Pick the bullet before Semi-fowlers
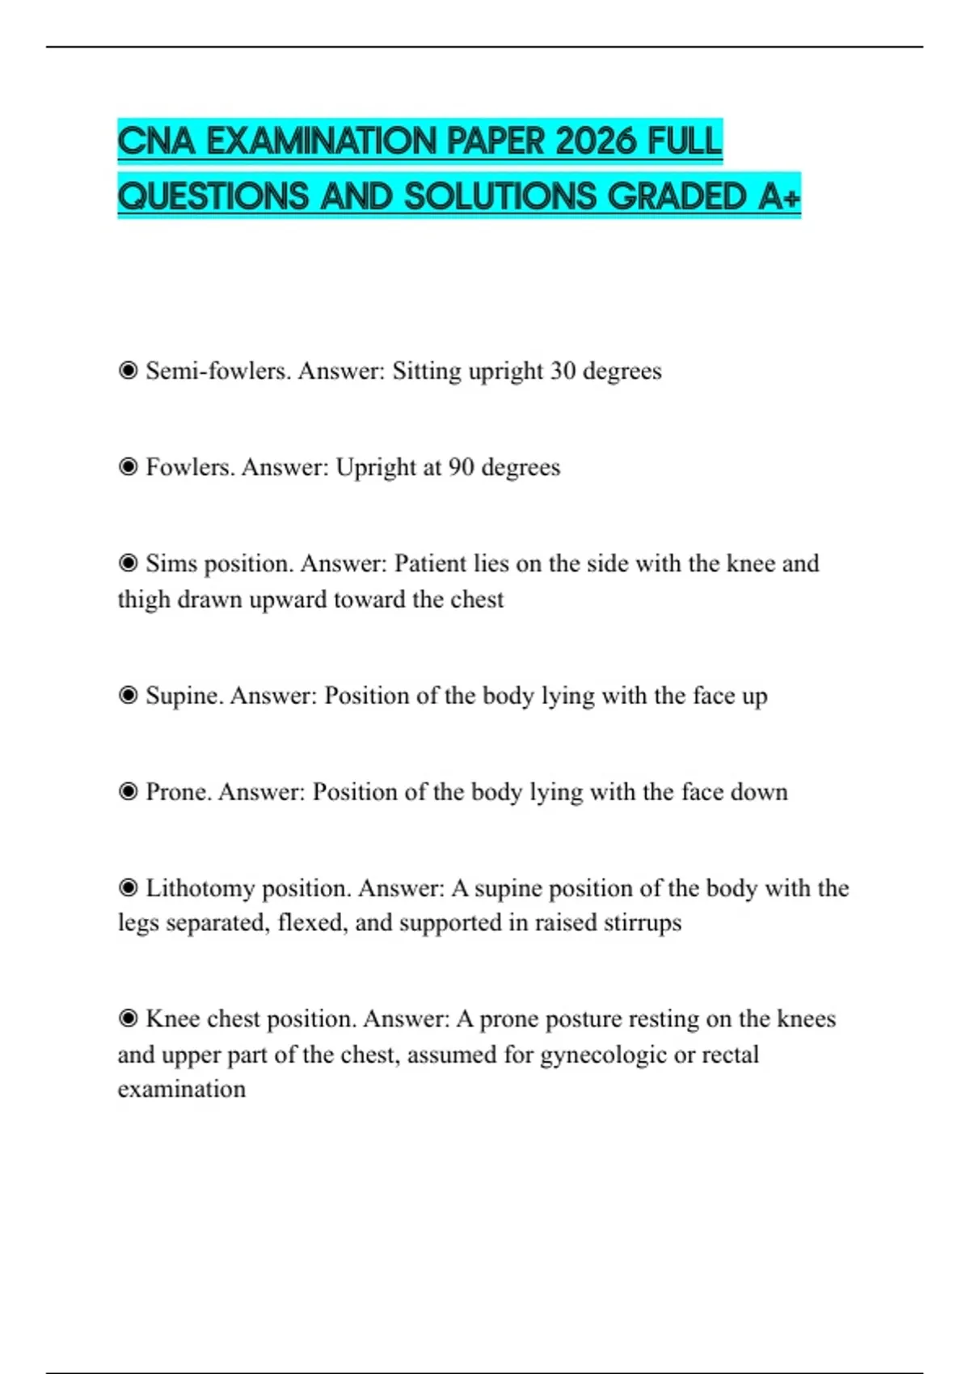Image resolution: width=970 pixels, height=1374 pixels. click(x=128, y=371)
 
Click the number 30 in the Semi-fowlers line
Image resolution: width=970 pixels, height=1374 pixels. click(x=563, y=371)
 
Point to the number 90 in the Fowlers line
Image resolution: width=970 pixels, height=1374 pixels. click(x=461, y=467)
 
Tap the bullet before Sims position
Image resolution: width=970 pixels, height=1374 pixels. click(x=128, y=563)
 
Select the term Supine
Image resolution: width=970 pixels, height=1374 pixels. click(x=183, y=696)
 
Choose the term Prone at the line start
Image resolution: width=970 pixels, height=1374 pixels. click(x=178, y=792)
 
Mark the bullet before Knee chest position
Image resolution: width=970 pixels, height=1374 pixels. click(x=128, y=1019)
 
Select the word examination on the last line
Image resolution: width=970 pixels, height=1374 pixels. click(x=182, y=1090)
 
